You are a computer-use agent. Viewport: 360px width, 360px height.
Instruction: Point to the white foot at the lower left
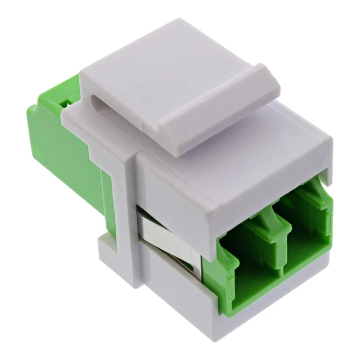(110, 253)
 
